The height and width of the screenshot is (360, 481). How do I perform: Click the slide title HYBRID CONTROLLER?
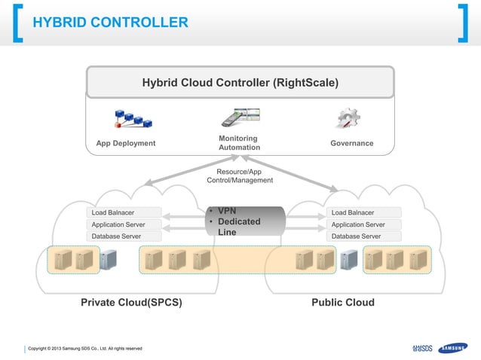110,23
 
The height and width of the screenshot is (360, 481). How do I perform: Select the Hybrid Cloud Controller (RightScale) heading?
240,82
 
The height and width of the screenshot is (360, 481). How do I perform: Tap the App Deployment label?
126,143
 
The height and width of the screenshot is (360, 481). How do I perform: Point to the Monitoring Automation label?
239,143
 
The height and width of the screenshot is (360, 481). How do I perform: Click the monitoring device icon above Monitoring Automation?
240,117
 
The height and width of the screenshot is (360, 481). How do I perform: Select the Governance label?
351,143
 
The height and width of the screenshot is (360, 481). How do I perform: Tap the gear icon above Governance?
348,118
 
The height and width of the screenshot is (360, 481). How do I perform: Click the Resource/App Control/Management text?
239,176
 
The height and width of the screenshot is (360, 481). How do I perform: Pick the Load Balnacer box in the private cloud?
124,212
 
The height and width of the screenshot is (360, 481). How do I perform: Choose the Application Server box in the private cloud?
124,224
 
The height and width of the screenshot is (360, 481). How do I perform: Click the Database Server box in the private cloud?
124,236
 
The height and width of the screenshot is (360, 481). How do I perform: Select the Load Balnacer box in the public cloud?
364,212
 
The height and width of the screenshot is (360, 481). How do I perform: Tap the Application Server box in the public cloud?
364,224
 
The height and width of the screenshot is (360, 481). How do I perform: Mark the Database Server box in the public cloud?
364,236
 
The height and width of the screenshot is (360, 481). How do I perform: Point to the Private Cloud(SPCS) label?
131,303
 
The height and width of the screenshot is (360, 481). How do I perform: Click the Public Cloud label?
343,303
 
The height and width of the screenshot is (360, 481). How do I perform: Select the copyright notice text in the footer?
81,348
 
